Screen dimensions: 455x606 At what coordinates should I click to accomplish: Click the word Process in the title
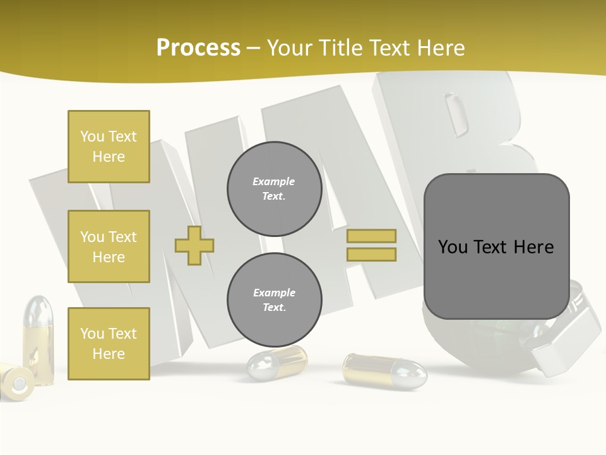pos(198,47)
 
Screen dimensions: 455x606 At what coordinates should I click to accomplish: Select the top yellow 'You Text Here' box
pos(109,147)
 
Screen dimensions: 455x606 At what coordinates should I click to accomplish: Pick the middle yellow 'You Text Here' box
pos(109,246)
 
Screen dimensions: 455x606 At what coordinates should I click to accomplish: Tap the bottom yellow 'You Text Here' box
pos(109,343)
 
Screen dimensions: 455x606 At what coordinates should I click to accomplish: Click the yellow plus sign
pos(194,245)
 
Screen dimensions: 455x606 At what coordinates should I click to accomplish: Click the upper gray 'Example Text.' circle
pos(274,189)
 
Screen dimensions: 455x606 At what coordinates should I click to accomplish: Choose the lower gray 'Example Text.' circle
pos(274,300)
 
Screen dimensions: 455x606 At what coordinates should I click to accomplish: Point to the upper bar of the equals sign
pos(371,236)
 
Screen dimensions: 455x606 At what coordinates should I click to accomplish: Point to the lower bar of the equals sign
pos(371,255)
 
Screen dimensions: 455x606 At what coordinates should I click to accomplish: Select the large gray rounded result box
pos(496,246)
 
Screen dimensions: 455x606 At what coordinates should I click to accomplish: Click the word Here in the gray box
pos(533,246)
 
